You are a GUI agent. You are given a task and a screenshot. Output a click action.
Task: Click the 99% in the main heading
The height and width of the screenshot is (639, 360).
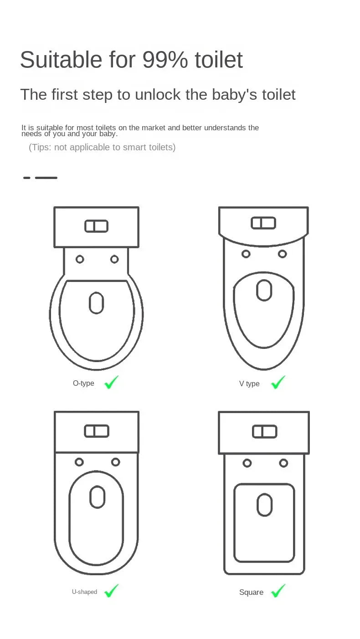click(165, 60)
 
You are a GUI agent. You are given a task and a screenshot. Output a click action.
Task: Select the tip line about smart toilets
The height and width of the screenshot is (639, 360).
click(102, 147)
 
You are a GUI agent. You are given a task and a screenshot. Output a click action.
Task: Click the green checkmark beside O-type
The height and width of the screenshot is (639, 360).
click(111, 383)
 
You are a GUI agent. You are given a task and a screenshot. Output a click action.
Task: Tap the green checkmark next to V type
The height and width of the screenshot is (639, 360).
click(278, 383)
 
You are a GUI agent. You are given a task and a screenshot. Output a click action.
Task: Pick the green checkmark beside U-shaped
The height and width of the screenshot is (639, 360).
click(111, 591)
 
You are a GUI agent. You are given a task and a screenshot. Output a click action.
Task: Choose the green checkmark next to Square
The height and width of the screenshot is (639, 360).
click(278, 591)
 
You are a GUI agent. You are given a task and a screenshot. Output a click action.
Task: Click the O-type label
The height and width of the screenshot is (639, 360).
click(83, 383)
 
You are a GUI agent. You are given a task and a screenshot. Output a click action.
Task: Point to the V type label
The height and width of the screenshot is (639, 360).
click(249, 384)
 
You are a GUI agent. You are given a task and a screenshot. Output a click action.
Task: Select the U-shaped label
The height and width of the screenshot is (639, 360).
click(84, 592)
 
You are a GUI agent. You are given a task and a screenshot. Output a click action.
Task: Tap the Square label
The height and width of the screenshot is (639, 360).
click(251, 592)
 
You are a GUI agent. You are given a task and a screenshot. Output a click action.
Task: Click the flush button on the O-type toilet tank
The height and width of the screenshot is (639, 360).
click(96, 226)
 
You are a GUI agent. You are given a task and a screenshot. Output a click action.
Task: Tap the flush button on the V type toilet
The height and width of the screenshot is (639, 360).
click(263, 223)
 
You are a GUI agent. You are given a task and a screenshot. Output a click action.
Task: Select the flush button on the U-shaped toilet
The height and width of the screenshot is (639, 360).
click(97, 431)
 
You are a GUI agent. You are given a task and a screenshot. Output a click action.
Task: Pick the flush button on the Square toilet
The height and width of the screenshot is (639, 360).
click(265, 431)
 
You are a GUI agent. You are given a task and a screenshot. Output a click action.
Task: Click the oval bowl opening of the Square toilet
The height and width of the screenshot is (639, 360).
click(265, 505)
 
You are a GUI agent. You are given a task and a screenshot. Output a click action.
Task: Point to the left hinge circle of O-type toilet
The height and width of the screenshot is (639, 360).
click(80, 259)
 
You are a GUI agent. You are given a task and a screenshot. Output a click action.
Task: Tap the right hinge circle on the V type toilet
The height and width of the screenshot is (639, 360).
click(283, 254)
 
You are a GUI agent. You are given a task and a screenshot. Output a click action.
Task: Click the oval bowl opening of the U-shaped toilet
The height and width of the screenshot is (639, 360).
click(97, 497)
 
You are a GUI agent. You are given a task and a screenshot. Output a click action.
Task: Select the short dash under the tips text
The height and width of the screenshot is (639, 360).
click(27, 178)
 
